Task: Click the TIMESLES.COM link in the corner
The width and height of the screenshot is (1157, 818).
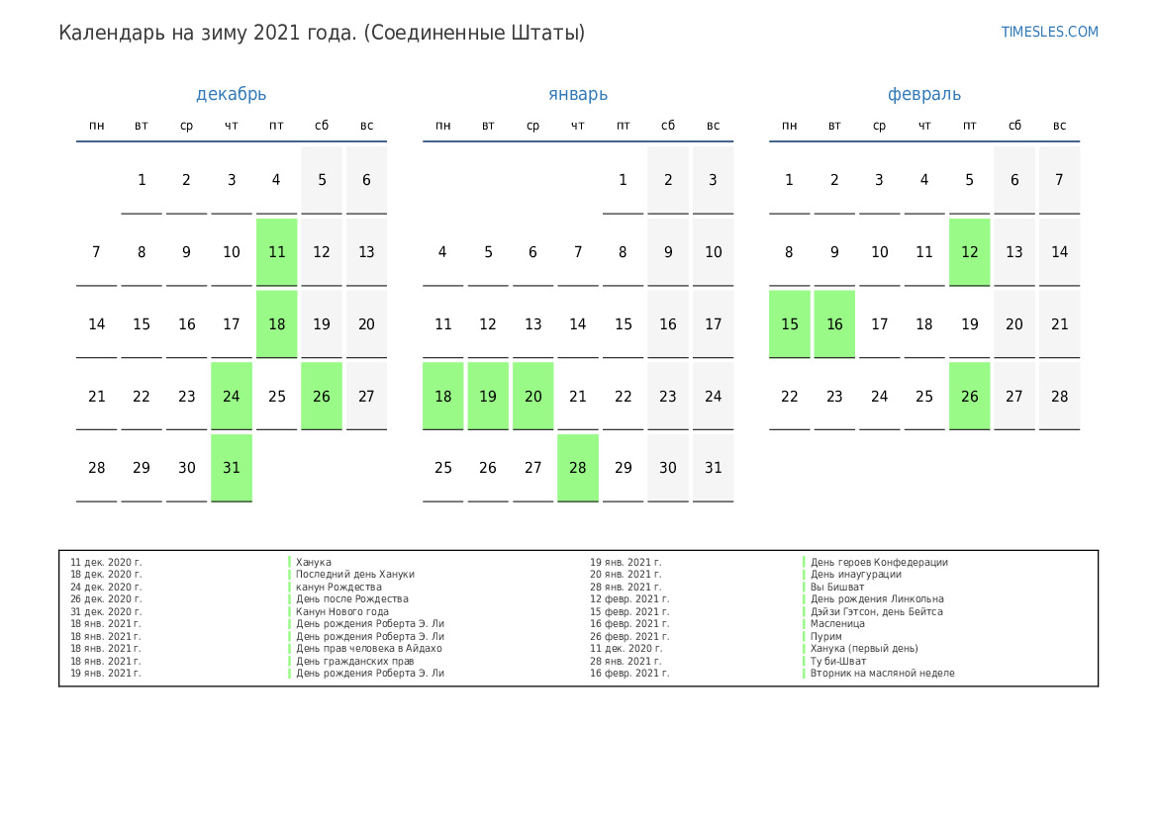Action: [x=1049, y=32]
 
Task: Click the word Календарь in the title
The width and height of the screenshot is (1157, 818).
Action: [x=105, y=33]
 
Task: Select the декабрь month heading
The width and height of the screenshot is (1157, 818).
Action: [x=231, y=95]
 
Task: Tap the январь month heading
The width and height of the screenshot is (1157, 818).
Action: [x=578, y=95]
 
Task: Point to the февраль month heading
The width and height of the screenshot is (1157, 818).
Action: [x=923, y=95]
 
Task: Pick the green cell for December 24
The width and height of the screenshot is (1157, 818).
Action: [x=232, y=396]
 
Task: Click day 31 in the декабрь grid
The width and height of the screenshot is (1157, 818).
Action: [x=232, y=468]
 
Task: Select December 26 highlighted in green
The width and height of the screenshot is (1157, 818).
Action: [x=322, y=396]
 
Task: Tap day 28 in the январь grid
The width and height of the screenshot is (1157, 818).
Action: [x=578, y=468]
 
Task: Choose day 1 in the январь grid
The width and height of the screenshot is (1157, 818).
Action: [x=623, y=180]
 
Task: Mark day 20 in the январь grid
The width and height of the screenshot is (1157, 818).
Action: [x=532, y=396]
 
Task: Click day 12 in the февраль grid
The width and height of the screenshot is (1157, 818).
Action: [x=969, y=252]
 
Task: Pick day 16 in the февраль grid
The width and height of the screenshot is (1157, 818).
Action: [x=834, y=324]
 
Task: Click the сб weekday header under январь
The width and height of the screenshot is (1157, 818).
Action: [x=668, y=126]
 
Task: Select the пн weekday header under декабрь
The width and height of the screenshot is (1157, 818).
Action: [x=97, y=126]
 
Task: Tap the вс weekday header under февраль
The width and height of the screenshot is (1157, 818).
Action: [x=1059, y=126]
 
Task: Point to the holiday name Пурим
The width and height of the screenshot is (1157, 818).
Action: [x=826, y=636]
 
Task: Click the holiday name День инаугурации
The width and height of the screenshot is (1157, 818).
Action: [x=855, y=574]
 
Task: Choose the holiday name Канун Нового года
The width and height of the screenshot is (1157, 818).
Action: [x=341, y=611]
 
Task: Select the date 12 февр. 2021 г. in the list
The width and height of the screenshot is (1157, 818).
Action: [x=629, y=598]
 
